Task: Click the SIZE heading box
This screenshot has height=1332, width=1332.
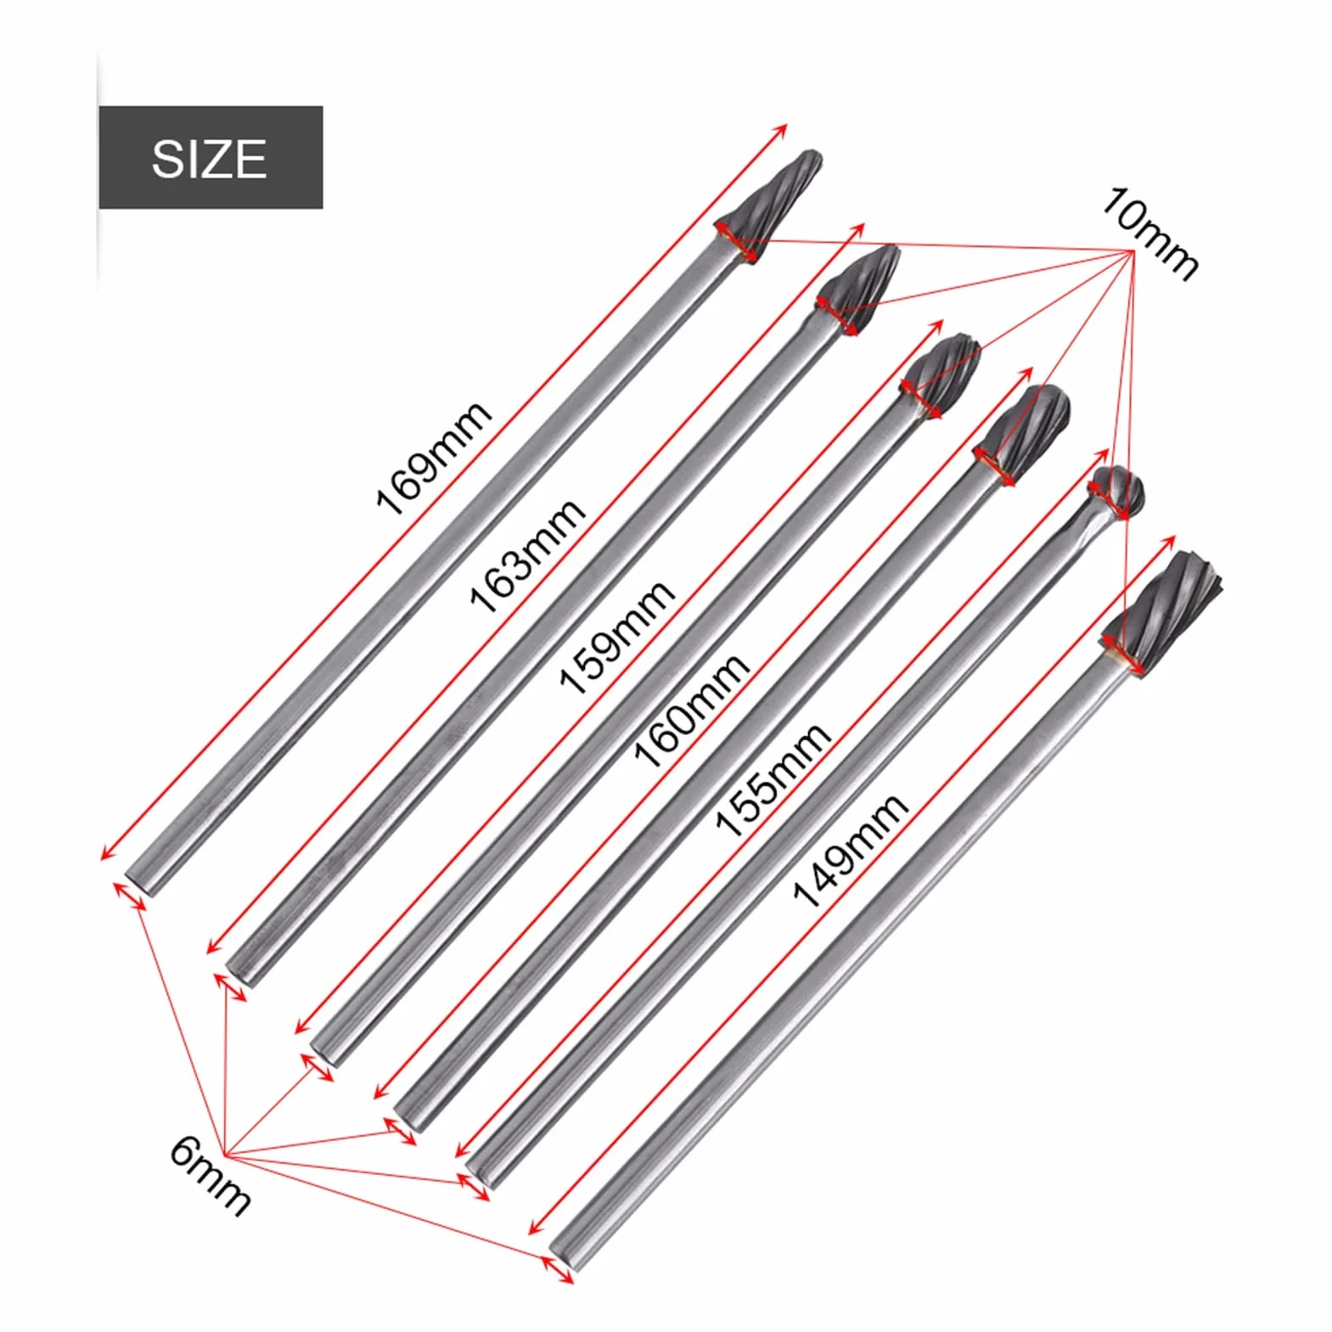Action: pos(211,157)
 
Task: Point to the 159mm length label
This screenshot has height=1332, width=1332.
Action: pos(615,637)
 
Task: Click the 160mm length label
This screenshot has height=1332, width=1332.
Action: pos(691,711)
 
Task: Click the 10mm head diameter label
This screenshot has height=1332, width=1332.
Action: pos(1149,233)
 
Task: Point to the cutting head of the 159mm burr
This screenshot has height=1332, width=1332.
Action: pos(941,374)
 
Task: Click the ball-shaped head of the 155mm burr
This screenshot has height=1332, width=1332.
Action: pos(1117,492)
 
